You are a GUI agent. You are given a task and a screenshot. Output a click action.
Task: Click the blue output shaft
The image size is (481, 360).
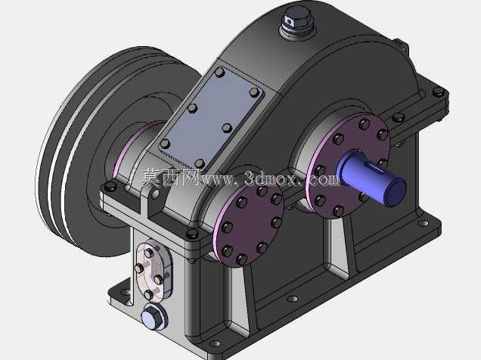click(x=372, y=178)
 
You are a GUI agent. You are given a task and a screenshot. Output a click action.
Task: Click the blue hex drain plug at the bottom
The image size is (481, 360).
click(x=154, y=316)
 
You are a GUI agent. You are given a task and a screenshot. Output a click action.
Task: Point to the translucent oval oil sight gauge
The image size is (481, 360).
click(x=154, y=270)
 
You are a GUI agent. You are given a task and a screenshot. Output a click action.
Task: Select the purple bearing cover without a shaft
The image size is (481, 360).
click(x=249, y=225)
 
